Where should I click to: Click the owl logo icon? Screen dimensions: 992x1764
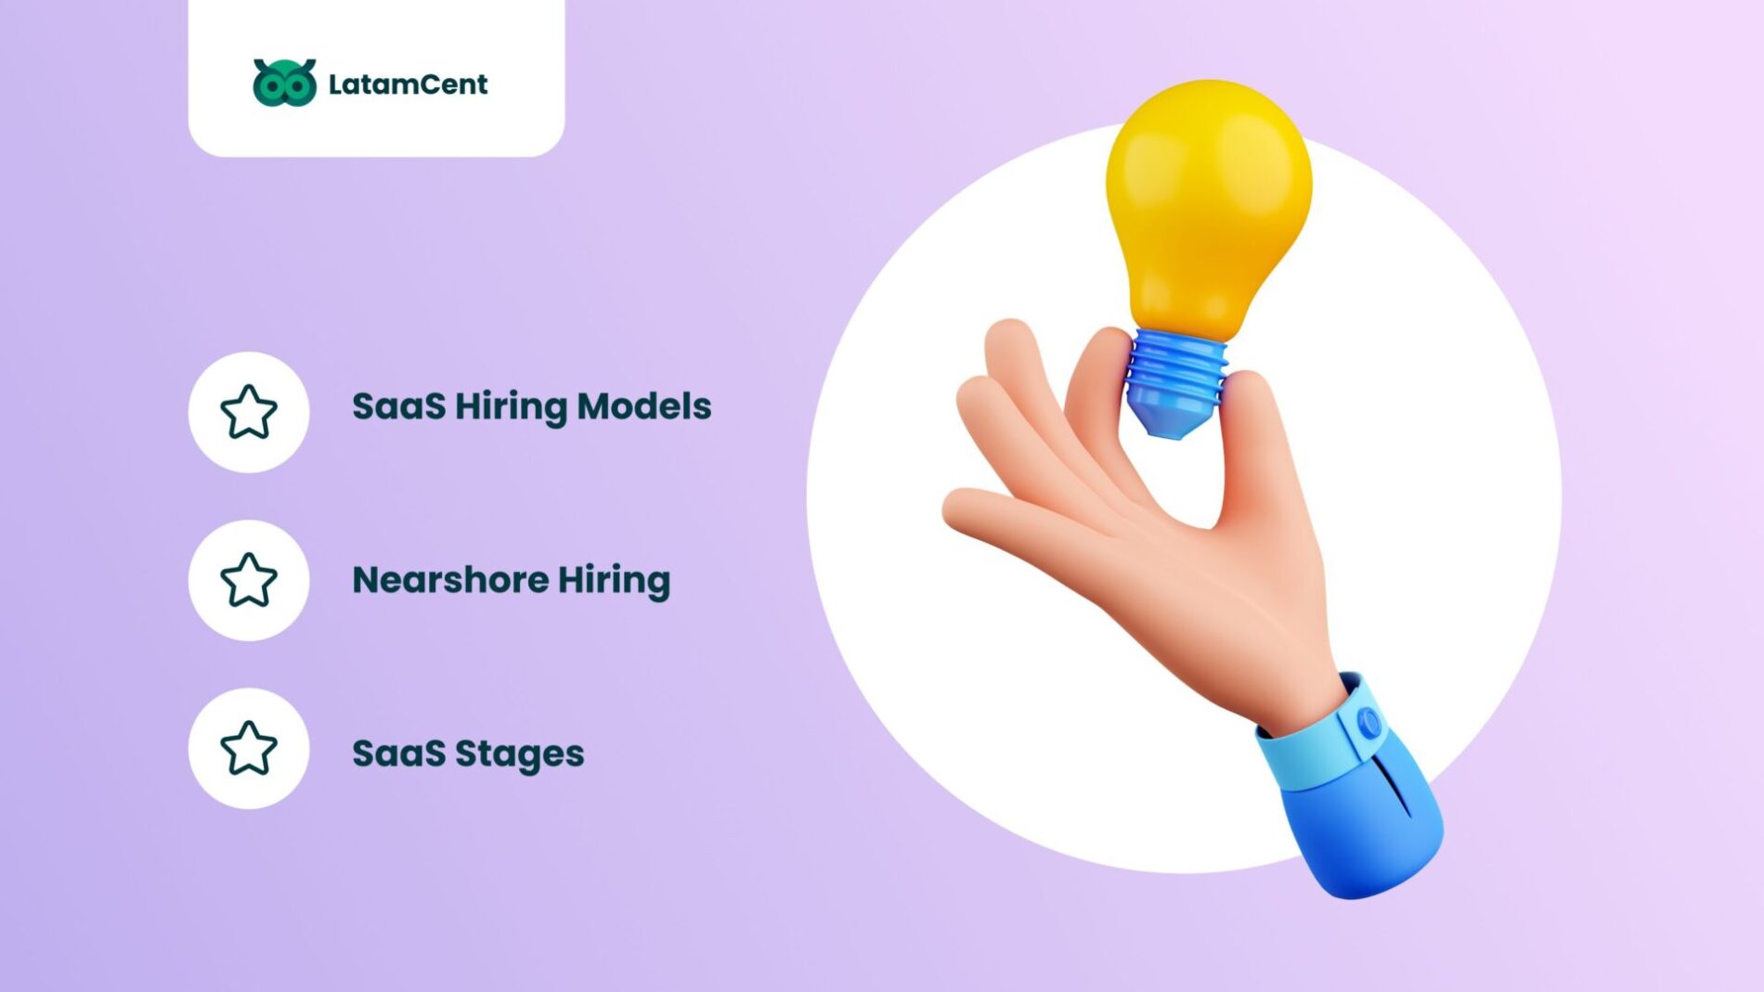coord(284,83)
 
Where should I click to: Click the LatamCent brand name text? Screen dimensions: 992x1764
coord(408,84)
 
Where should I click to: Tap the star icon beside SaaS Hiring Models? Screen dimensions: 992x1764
coord(249,412)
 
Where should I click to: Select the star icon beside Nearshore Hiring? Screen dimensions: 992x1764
coord(249,580)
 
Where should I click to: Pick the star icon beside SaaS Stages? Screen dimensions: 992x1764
coord(249,748)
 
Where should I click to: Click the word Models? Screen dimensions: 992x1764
coord(643,406)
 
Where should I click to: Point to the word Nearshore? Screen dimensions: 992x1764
coord(449,580)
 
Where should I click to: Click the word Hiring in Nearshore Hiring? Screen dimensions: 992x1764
coord(614,580)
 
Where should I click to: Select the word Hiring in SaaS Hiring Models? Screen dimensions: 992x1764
coord(510,406)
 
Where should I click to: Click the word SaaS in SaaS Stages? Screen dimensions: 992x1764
coord(398,754)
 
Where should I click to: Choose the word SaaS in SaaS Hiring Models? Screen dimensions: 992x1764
coord(398,406)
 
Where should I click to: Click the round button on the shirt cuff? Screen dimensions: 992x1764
coord(1368,722)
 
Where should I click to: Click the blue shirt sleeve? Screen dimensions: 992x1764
coord(1365,826)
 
